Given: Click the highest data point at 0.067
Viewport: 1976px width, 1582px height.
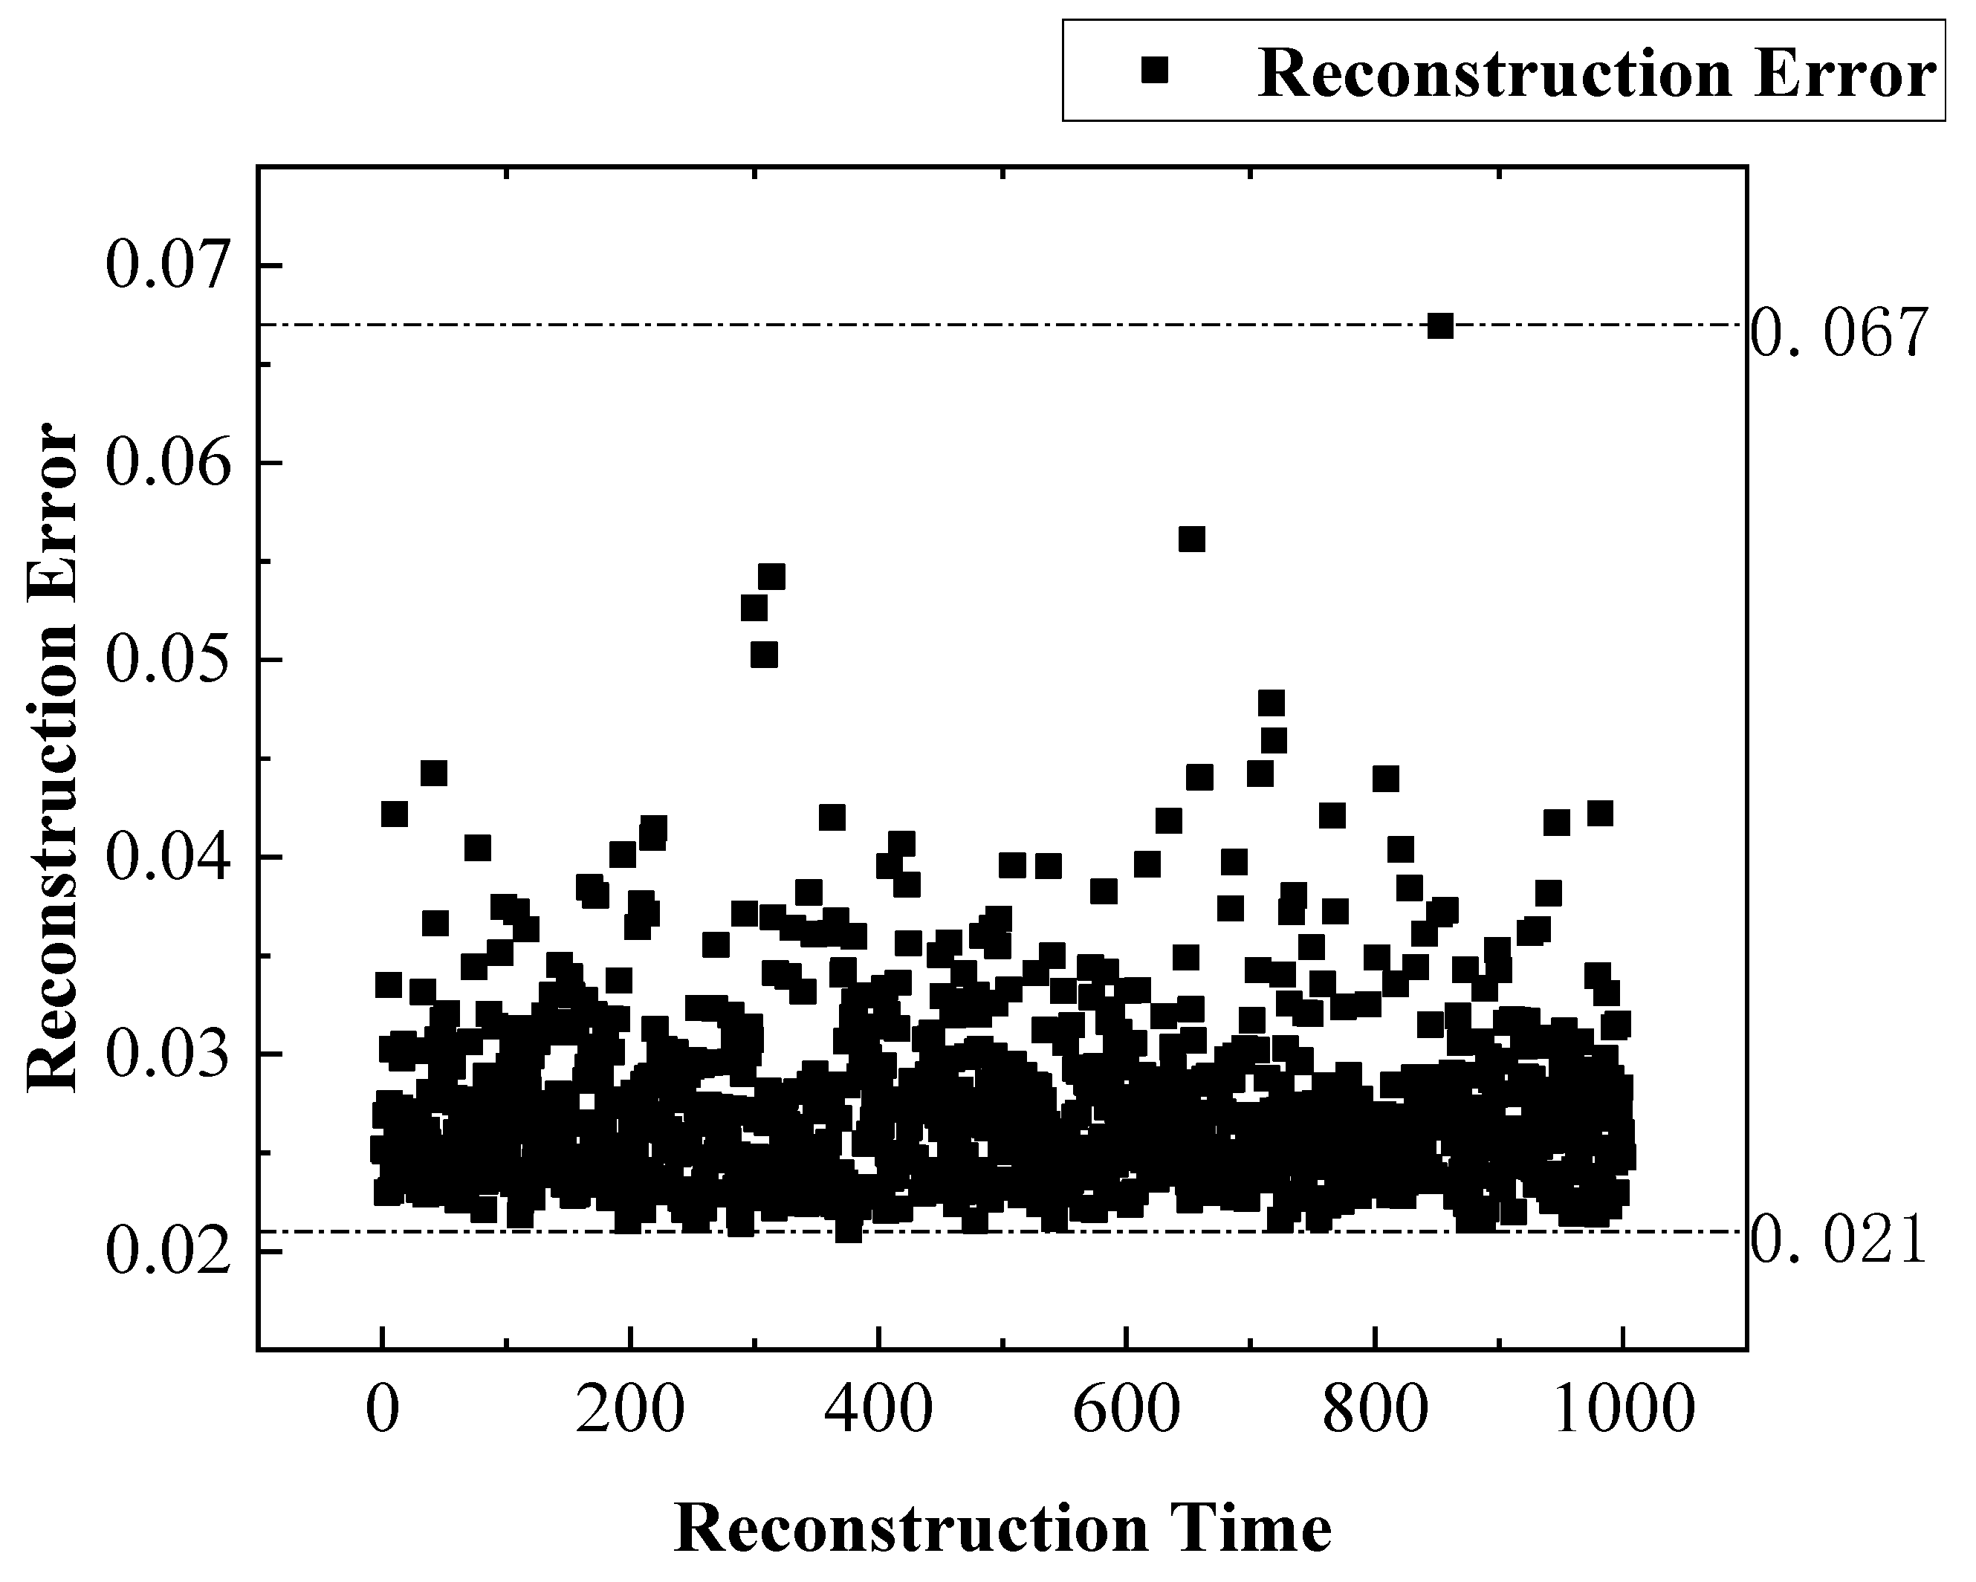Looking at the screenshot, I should point(1440,326).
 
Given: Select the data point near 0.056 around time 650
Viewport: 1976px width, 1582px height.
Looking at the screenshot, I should point(1191,539).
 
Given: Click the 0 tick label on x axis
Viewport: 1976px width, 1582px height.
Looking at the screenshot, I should point(382,1410).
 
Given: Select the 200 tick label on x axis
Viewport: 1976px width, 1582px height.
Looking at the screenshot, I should point(629,1410).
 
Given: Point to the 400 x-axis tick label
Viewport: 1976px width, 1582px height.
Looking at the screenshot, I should point(878,1410).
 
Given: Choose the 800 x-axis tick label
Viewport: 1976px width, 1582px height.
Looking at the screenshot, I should point(1374,1410).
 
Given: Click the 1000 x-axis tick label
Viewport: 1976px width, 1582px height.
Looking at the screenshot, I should point(1623,1410).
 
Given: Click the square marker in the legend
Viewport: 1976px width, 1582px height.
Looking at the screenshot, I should point(1155,70).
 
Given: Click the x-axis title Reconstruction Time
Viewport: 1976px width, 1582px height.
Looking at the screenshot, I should point(1002,1528).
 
